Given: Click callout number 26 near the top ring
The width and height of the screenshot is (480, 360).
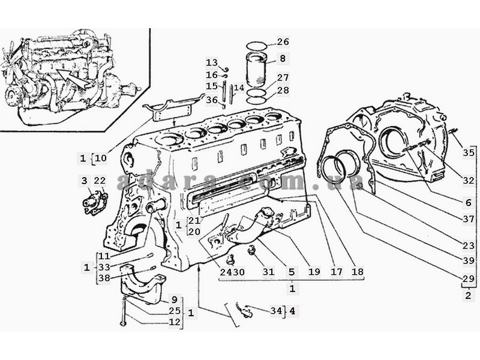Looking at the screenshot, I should pyautogui.click(x=283, y=42).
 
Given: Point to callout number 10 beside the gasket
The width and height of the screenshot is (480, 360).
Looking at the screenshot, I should pyautogui.click(x=100, y=158).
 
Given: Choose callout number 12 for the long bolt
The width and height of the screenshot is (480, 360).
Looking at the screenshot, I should pyautogui.click(x=173, y=322).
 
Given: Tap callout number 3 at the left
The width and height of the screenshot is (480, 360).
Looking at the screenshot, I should pyautogui.click(x=85, y=181).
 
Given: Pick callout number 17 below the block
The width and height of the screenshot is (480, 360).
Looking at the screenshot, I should pyautogui.click(x=337, y=272).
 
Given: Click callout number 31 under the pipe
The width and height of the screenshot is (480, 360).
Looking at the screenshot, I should pyautogui.click(x=268, y=272).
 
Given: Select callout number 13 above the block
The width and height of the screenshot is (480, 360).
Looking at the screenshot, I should pyautogui.click(x=212, y=62).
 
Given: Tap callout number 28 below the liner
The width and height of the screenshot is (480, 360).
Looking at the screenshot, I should pyautogui.click(x=283, y=91).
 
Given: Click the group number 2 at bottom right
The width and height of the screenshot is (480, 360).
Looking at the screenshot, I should pyautogui.click(x=468, y=295).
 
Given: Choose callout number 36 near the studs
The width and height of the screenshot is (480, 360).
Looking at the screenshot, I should pyautogui.click(x=212, y=100).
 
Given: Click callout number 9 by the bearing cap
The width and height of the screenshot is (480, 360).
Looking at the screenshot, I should pyautogui.click(x=173, y=299).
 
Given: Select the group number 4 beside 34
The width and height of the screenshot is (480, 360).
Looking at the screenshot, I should pyautogui.click(x=292, y=311).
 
